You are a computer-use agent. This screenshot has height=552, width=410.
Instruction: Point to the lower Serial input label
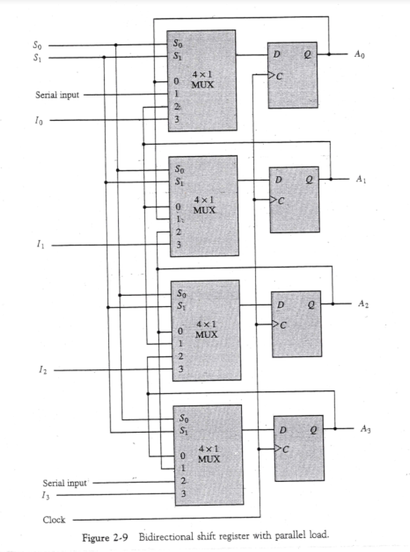[x=64, y=483]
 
